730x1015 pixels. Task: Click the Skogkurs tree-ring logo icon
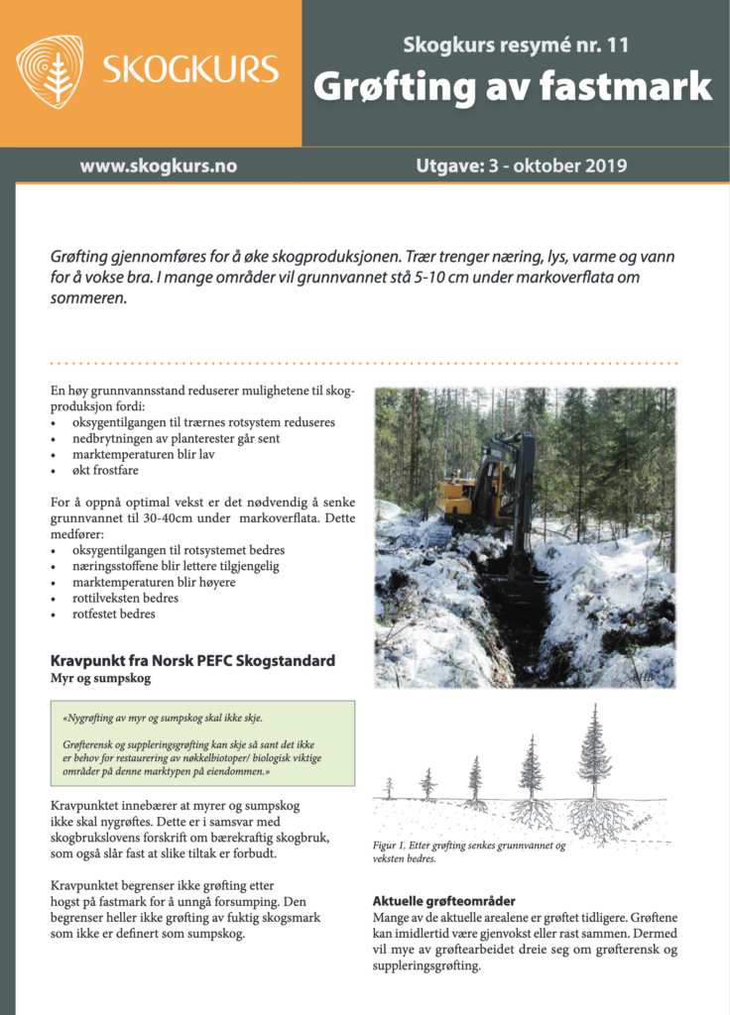tap(50, 71)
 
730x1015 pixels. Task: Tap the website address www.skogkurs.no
tap(159, 167)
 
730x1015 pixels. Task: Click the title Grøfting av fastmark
tap(513, 87)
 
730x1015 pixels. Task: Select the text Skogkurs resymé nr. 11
tap(516, 45)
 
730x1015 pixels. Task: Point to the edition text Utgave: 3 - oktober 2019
tap(522, 167)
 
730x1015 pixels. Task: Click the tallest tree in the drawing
tap(595, 755)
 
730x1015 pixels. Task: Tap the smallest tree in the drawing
tap(389, 789)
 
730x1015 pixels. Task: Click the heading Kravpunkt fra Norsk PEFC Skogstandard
tap(192, 661)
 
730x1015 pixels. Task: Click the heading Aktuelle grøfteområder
tap(443, 901)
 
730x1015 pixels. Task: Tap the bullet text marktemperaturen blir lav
tap(143, 454)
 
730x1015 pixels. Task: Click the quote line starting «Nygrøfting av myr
tap(163, 718)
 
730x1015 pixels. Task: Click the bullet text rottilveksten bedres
tap(125, 598)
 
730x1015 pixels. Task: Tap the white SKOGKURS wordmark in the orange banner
tap(190, 70)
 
